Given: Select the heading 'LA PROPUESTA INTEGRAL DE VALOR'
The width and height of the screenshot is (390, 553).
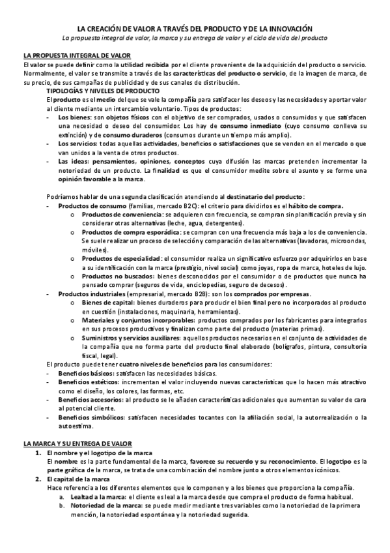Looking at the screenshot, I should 77,57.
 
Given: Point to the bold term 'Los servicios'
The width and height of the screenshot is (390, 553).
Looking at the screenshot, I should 76,142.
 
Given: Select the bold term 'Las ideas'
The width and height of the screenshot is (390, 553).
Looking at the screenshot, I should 72,159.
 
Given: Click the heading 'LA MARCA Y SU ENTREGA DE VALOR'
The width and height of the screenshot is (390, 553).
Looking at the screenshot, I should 77,443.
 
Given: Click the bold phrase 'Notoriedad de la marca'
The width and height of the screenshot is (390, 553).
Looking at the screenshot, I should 104,505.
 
